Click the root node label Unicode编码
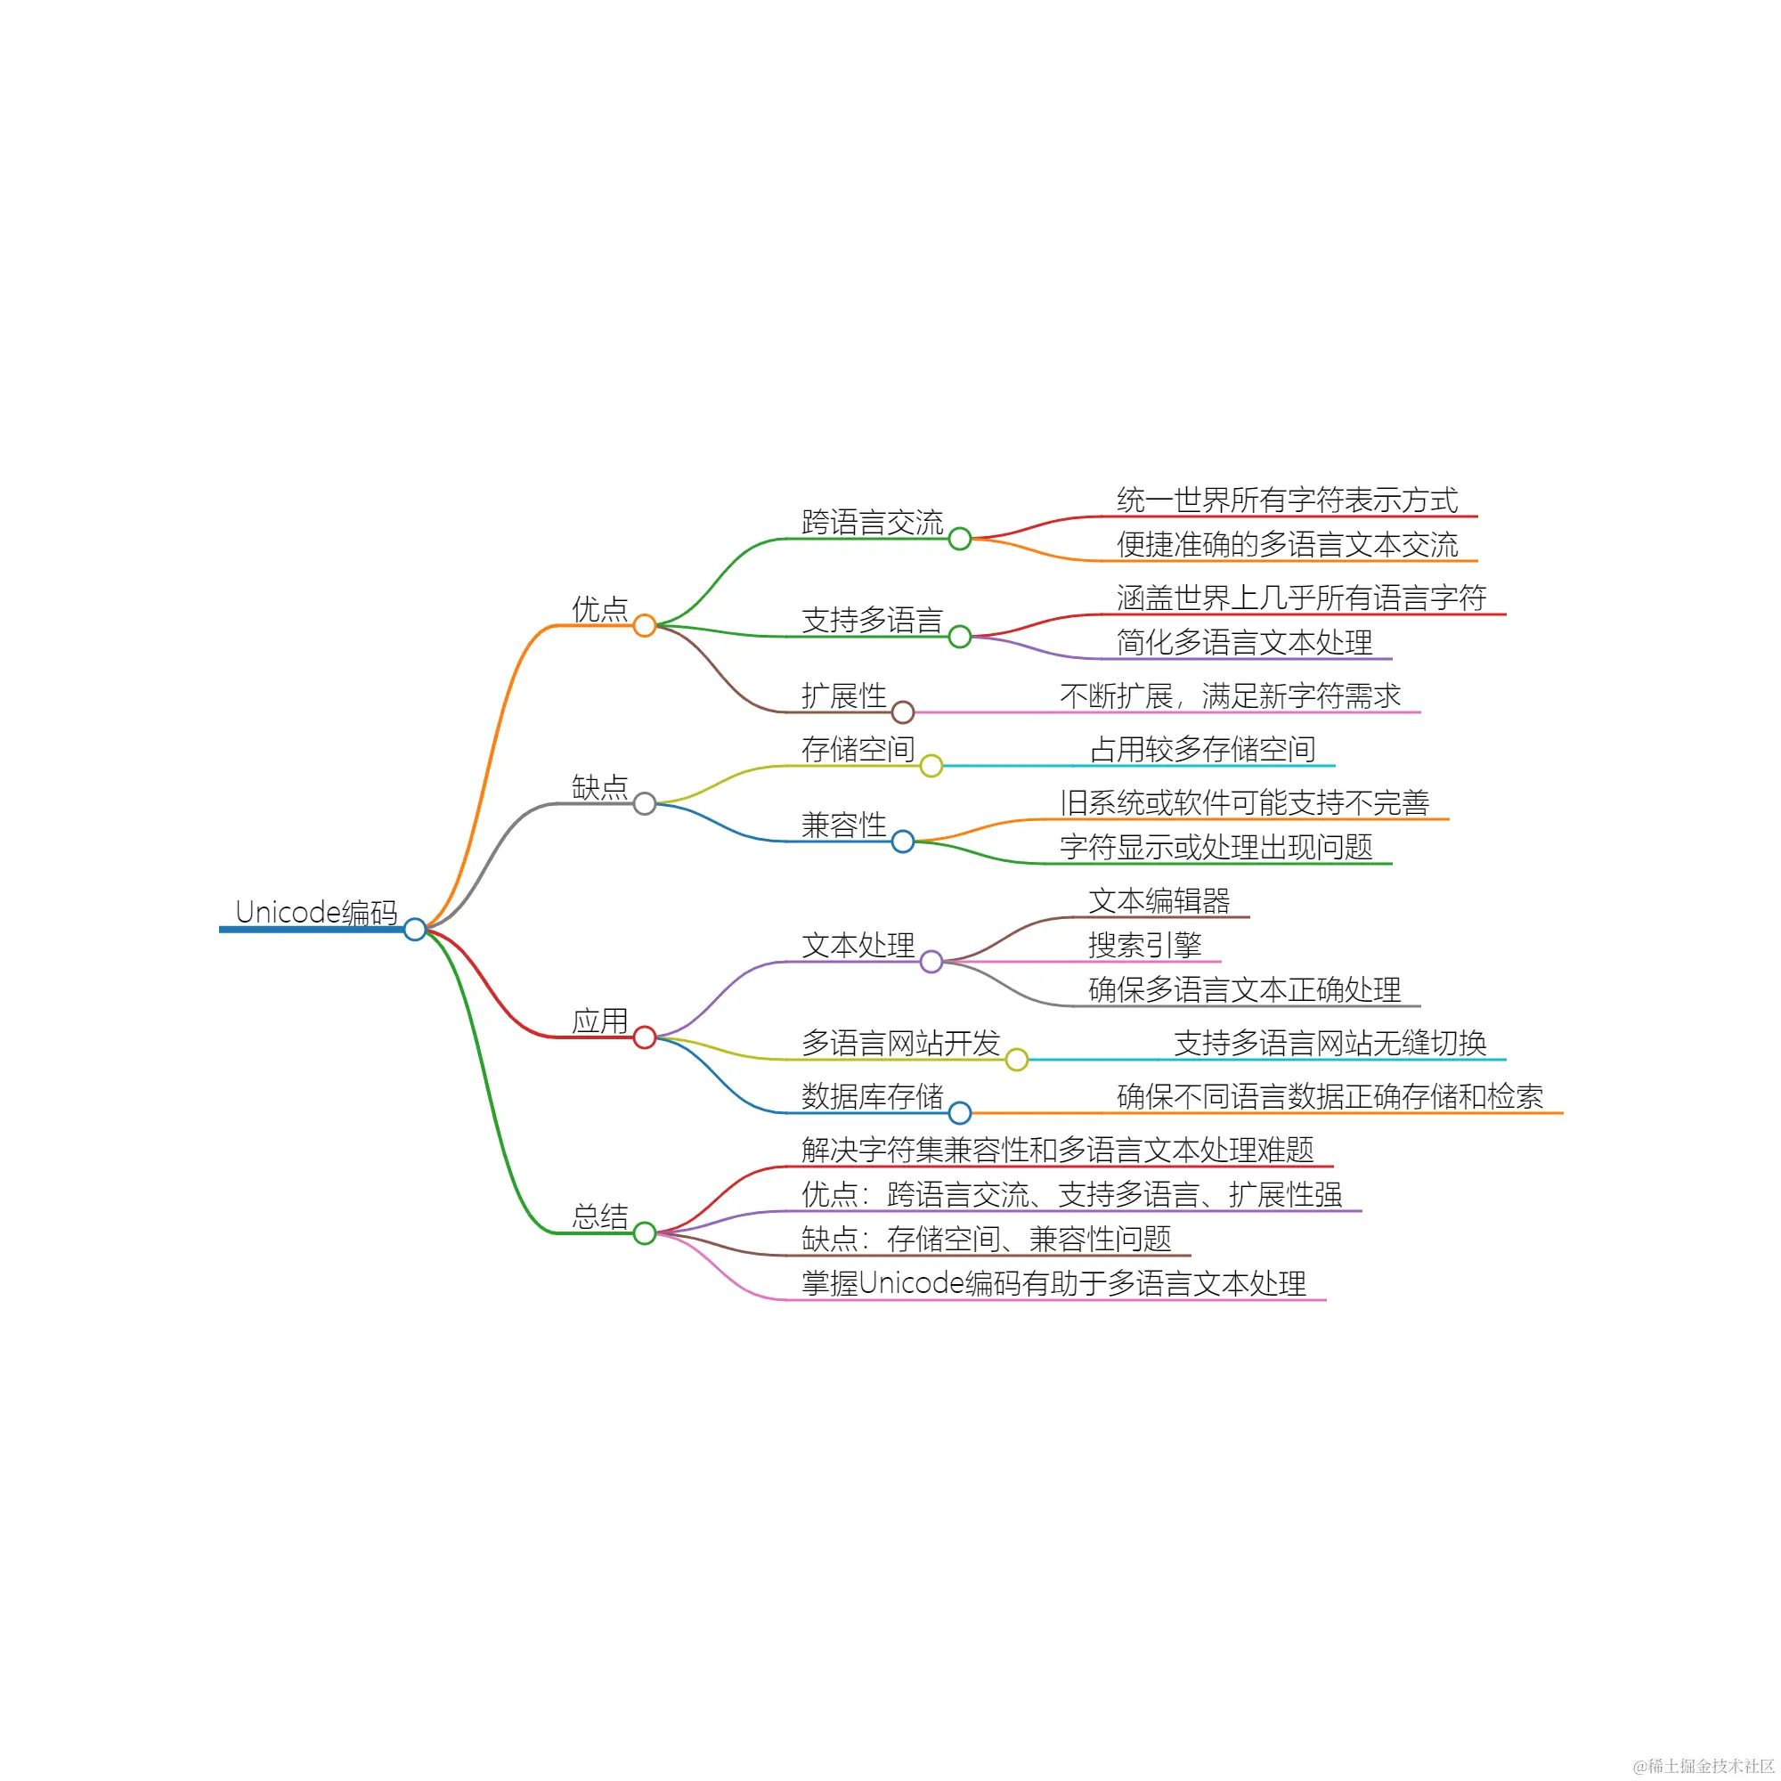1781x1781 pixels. pyautogui.click(x=316, y=912)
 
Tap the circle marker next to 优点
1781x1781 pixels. pyautogui.click(x=645, y=625)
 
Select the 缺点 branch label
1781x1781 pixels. pyautogui.click(x=599, y=786)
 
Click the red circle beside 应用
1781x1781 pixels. pyautogui.click(x=645, y=1037)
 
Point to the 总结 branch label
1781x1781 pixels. pyautogui.click(x=599, y=1216)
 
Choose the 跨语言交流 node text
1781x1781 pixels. pyautogui.click(x=872, y=522)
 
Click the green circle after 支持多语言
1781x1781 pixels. pyautogui.click(x=960, y=636)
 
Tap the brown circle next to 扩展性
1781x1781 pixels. pyautogui.click(x=902, y=712)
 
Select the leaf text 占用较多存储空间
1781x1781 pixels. pyautogui.click(x=1202, y=749)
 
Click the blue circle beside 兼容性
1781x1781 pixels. pyautogui.click(x=902, y=841)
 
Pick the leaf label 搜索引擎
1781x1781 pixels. pyautogui.click(x=1145, y=944)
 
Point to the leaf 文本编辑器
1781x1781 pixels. pyautogui.click(x=1159, y=899)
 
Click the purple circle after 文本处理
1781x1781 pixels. pyautogui.click(x=931, y=962)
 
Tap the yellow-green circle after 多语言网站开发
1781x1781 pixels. pyautogui.click(x=1017, y=1059)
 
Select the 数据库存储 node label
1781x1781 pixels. pyautogui.click(x=872, y=1095)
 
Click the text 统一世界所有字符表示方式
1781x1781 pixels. pyautogui.click(x=1287, y=500)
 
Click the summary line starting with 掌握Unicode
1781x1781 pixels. pyautogui.click(x=1053, y=1282)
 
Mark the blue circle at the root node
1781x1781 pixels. pyautogui.click(x=415, y=928)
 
